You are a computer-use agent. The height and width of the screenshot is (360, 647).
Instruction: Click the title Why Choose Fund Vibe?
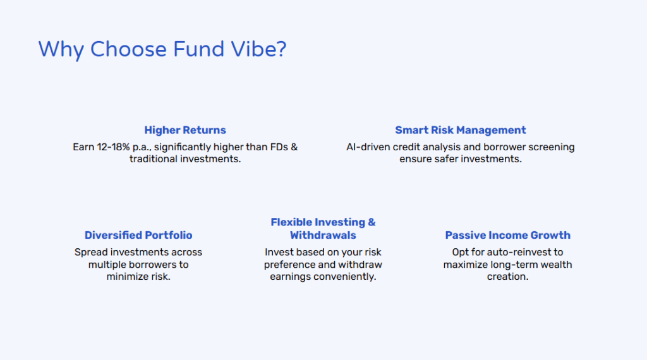tap(162, 49)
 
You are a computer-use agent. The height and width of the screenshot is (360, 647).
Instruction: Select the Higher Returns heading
tap(185, 130)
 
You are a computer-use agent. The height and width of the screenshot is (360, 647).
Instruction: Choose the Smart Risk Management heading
tap(461, 130)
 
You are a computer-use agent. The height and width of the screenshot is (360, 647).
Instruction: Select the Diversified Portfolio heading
tap(138, 235)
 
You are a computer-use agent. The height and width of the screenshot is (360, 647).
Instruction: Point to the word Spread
tap(91, 252)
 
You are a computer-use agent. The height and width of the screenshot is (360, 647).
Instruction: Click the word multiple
tap(108, 265)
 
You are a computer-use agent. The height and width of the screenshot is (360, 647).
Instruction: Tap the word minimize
tap(128, 277)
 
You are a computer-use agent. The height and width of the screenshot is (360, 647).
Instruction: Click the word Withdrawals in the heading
tap(323, 235)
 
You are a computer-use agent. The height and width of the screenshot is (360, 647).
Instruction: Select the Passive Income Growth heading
tap(507, 235)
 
